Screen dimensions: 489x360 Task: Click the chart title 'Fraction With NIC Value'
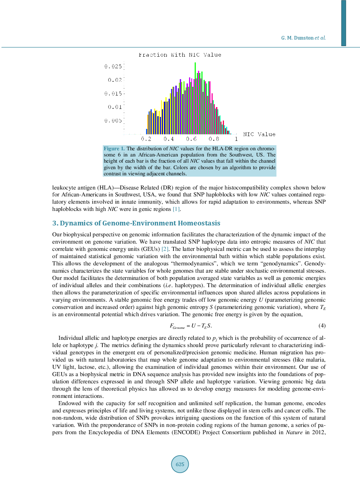click(180, 55)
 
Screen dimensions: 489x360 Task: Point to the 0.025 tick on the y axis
click(113, 66)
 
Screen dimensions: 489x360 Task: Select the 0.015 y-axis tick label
click(113, 94)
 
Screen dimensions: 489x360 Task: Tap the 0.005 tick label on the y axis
click(113, 121)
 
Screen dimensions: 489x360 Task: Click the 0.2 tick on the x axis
click(146, 139)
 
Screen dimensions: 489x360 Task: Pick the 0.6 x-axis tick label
click(191, 139)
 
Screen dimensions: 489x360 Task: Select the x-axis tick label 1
click(236, 139)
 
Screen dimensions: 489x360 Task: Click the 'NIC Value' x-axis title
click(259, 134)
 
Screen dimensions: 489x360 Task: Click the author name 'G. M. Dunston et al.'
click(303, 38)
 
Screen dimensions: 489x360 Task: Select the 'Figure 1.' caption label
click(114, 148)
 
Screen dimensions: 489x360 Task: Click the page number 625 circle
click(180, 464)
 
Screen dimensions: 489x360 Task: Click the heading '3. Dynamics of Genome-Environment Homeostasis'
click(136, 223)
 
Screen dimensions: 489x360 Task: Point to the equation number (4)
click(322, 326)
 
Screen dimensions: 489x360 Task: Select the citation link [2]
click(165, 249)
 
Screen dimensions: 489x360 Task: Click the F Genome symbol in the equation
click(177, 326)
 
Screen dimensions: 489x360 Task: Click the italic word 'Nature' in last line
click(294, 432)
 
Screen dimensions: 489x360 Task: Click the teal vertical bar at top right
click(343, 23)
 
